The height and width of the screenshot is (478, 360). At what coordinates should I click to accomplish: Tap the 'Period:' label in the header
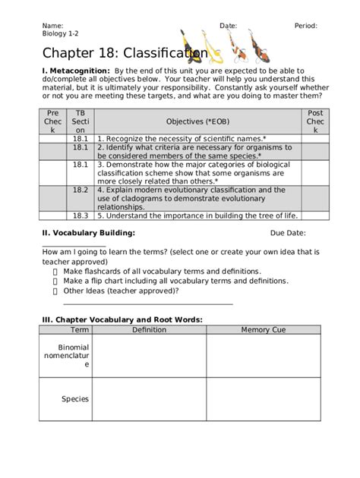(308, 26)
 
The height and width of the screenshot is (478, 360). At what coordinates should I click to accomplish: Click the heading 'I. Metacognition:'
(71, 70)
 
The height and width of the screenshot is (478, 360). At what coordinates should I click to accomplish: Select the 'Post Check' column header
(314, 121)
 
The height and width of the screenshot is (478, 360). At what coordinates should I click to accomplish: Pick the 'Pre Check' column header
(55, 121)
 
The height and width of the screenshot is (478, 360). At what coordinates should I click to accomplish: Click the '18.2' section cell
(81, 190)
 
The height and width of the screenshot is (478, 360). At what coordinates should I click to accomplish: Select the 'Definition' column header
(149, 330)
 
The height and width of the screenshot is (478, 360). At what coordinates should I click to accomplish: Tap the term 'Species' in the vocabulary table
(75, 399)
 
